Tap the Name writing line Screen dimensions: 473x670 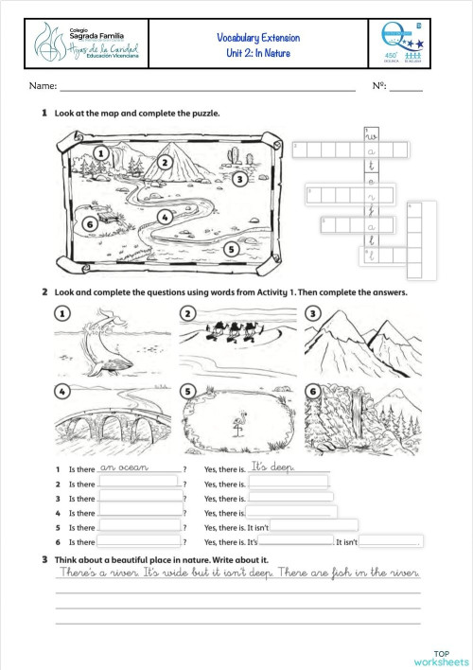(x=208, y=88)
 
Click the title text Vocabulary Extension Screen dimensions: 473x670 (x=258, y=38)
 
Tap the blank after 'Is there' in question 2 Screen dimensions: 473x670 (x=139, y=484)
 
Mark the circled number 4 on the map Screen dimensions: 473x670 (x=165, y=217)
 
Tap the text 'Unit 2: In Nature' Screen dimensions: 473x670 (x=258, y=53)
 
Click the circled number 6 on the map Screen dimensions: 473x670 (x=88, y=224)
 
